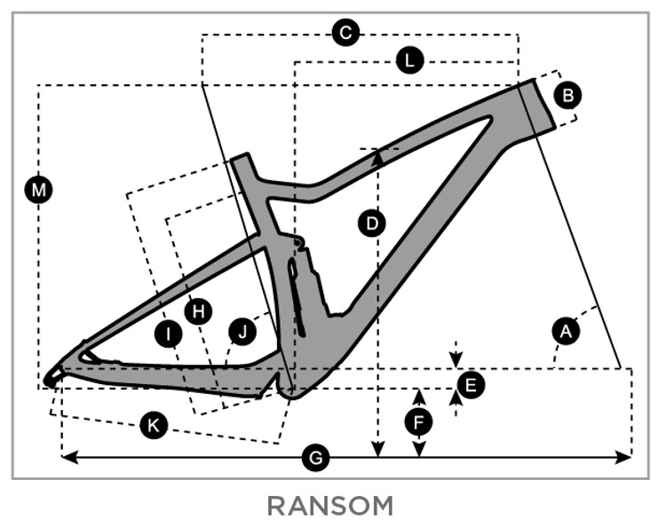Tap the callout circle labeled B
568,94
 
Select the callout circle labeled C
345,34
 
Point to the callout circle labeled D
371,224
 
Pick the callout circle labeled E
470,384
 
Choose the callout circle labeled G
315,458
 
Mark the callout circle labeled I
167,334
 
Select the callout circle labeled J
241,332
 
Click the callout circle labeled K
154,426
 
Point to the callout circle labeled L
408,60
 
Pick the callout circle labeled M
38,189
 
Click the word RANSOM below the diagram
329,507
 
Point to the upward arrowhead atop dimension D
378,155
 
